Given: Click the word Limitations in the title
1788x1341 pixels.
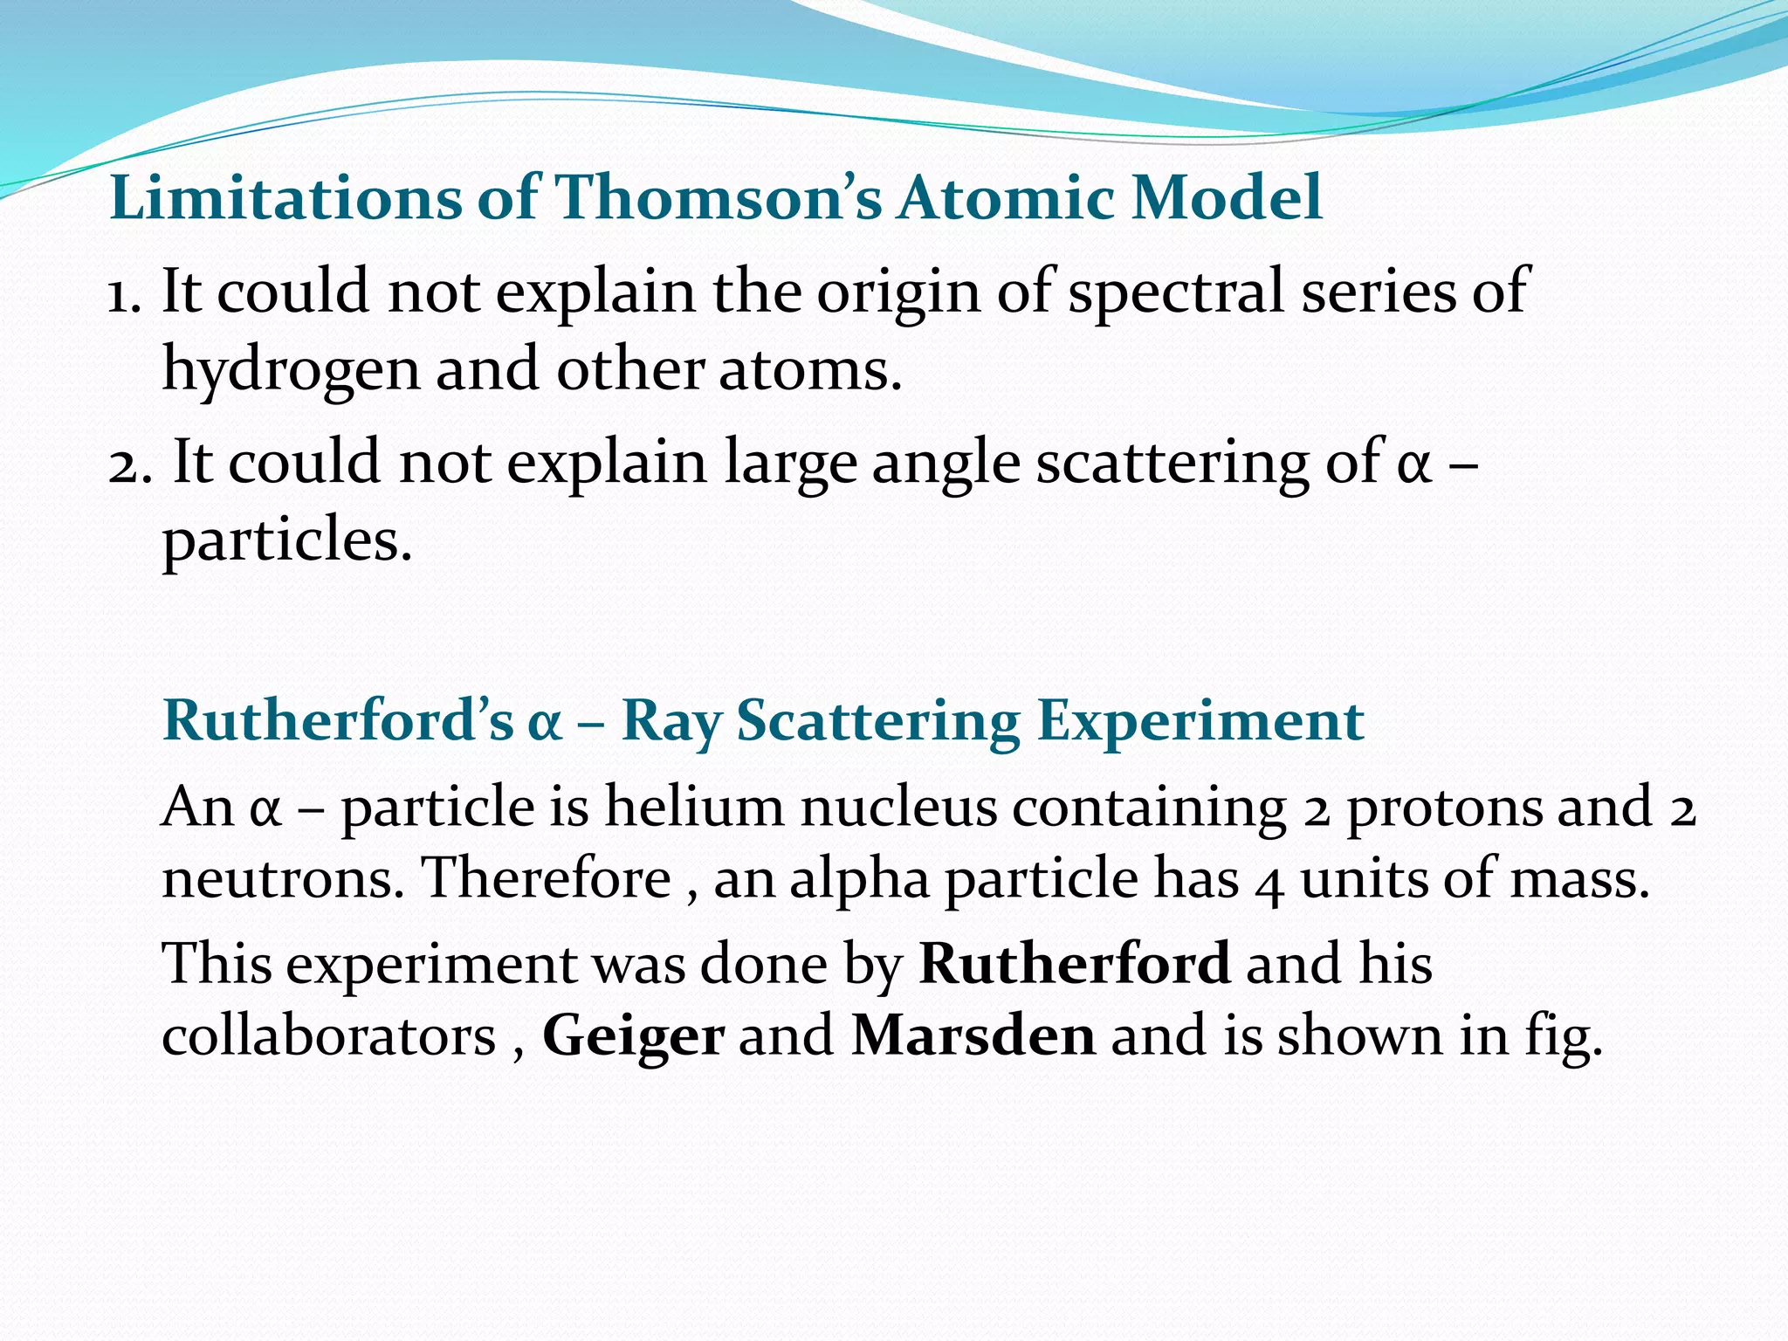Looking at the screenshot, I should (285, 197).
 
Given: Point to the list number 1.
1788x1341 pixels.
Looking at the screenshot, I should (123, 293).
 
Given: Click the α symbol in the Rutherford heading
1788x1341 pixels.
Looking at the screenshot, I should (545, 724).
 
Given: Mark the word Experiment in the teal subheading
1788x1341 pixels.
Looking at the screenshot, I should (1200, 722).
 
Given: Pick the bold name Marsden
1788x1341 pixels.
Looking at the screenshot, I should (973, 1036).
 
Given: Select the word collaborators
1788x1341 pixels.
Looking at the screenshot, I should (329, 1036).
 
